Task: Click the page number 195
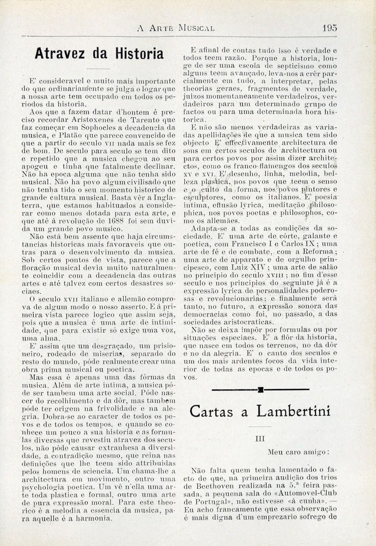pyautogui.click(x=329, y=27)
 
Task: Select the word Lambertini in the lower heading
pyautogui.click(x=293, y=411)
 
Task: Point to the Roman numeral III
pyautogui.click(x=260, y=439)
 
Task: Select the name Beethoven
pyautogui.click(x=211, y=485)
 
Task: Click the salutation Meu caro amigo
pyautogui.click(x=298, y=452)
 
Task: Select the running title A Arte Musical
pyautogui.click(x=176, y=28)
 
